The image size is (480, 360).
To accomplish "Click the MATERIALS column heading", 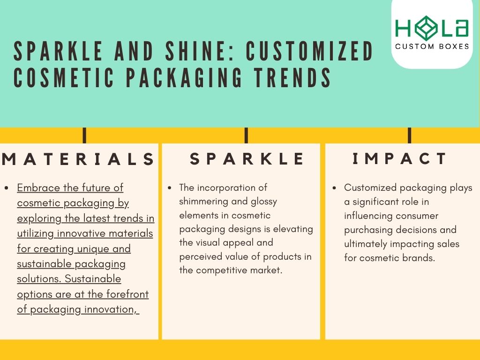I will tap(78, 159).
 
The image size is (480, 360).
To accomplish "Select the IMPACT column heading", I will tap(400, 159).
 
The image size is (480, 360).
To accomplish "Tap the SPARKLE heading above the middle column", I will tap(247, 159).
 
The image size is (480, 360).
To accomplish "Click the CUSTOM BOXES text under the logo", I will tap(432, 46).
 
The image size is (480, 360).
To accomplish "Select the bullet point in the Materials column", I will tap(7, 188).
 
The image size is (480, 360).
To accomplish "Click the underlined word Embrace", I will tap(38, 188).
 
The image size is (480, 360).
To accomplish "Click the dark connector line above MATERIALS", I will tap(84, 135).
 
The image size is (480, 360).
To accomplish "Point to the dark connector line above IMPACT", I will tap(409, 135).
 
